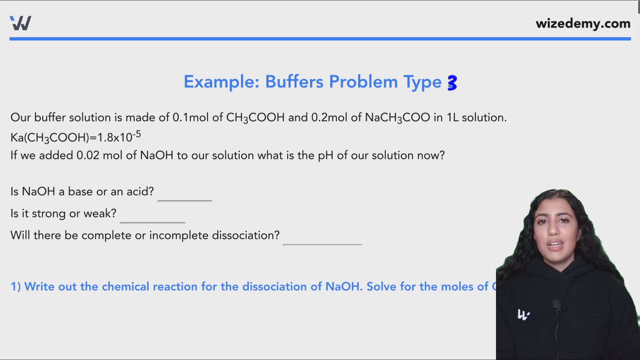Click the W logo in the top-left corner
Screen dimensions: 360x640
point(21,23)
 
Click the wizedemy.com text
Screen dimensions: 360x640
point(583,24)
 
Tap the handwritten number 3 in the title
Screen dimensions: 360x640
point(452,83)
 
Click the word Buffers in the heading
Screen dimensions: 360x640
point(294,82)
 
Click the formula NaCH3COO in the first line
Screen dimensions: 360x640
point(397,118)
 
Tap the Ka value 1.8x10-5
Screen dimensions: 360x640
point(119,137)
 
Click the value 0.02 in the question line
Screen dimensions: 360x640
point(88,155)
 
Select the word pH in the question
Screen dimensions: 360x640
point(325,156)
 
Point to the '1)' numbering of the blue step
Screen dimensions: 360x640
point(16,287)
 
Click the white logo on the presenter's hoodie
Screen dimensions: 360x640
point(523,314)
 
